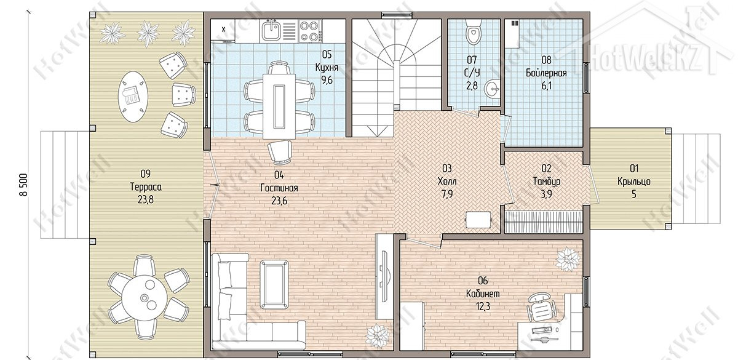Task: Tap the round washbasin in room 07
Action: pos(491,89)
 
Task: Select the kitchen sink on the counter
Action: pos(271,31)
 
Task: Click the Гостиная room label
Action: pos(279,188)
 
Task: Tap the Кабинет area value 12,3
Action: pos(483,307)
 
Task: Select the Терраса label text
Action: pos(146,187)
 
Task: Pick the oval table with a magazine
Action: pos(133,97)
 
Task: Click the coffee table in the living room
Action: pos(274,284)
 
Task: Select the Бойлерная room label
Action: pos(546,73)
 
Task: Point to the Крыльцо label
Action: pos(634,182)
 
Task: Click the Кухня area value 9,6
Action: pos(327,80)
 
